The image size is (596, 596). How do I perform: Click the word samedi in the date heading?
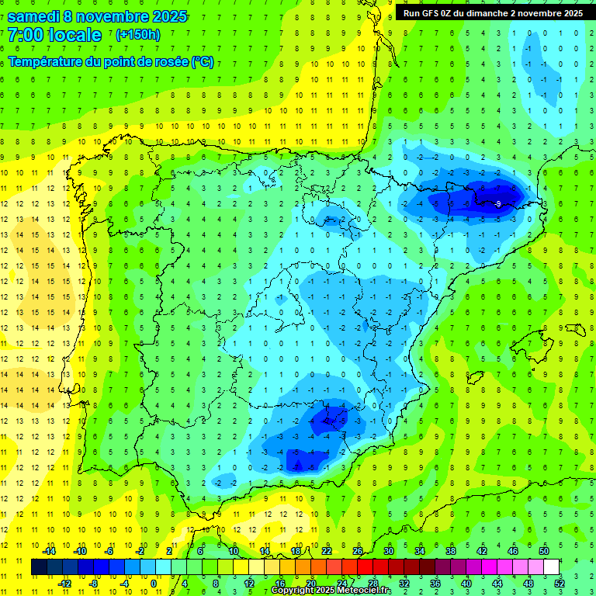[33, 16]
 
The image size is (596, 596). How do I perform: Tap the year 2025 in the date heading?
[166, 16]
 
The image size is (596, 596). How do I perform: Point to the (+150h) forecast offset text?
[137, 35]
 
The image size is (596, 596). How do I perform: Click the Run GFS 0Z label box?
[493, 12]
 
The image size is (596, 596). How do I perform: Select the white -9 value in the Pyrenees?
[497, 203]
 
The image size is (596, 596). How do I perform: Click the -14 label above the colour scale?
[49, 551]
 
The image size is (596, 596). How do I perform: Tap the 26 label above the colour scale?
[357, 551]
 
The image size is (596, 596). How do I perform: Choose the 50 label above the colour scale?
[543, 551]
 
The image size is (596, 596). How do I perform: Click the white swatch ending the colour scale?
[551, 567]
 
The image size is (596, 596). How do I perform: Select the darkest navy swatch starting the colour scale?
[39, 567]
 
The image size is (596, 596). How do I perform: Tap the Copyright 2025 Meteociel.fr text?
[332, 591]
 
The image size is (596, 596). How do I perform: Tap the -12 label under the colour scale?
[64, 584]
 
